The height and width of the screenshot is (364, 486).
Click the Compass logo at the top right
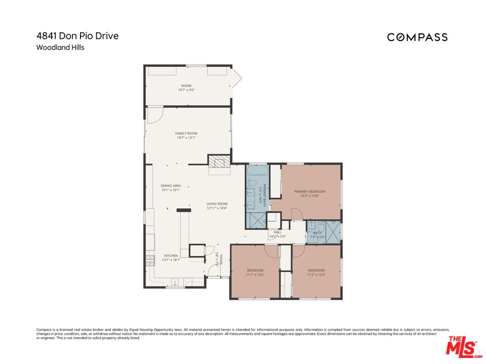click(x=417, y=37)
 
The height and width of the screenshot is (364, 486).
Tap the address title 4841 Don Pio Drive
click(x=77, y=36)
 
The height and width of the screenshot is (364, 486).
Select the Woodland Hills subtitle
click(x=60, y=48)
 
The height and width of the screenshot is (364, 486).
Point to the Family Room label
click(x=186, y=133)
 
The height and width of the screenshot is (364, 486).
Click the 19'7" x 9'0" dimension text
click(x=186, y=90)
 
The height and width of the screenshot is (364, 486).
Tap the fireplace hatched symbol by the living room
click(x=219, y=162)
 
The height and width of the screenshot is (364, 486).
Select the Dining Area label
click(x=171, y=186)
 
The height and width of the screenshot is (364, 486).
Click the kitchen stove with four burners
click(x=150, y=260)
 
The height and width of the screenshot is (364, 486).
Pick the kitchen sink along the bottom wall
click(x=175, y=282)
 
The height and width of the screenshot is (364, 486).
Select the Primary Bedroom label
click(x=310, y=192)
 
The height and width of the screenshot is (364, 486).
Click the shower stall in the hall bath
click(x=333, y=232)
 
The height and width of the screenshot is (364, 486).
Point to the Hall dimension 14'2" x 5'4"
click(x=277, y=236)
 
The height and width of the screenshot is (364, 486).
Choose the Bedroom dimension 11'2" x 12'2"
click(x=316, y=275)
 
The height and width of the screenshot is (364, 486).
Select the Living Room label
click(x=217, y=204)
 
